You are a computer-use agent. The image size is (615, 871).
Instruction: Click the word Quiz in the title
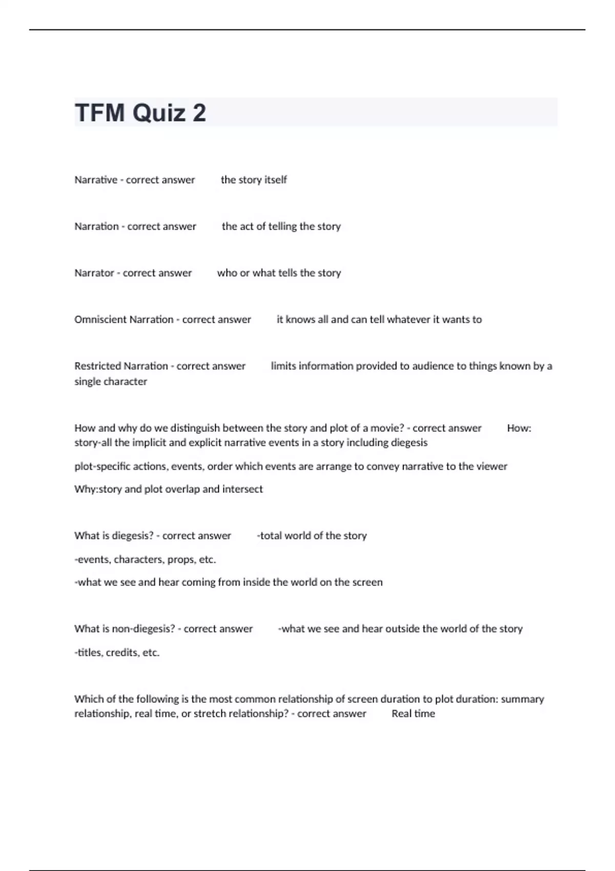(159, 113)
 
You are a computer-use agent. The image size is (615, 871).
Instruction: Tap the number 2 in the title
(199, 113)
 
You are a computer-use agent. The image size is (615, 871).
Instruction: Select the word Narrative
(96, 180)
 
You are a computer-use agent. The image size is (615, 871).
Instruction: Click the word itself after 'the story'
(275, 180)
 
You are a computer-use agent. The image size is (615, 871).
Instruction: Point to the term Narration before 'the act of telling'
(96, 226)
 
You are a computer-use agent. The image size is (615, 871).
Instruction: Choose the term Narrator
(94, 273)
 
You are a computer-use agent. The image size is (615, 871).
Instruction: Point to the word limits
(283, 366)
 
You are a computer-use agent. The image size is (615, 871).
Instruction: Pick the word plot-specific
(102, 467)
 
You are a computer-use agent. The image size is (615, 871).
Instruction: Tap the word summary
(522, 699)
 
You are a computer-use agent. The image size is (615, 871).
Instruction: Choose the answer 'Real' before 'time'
(401, 714)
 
